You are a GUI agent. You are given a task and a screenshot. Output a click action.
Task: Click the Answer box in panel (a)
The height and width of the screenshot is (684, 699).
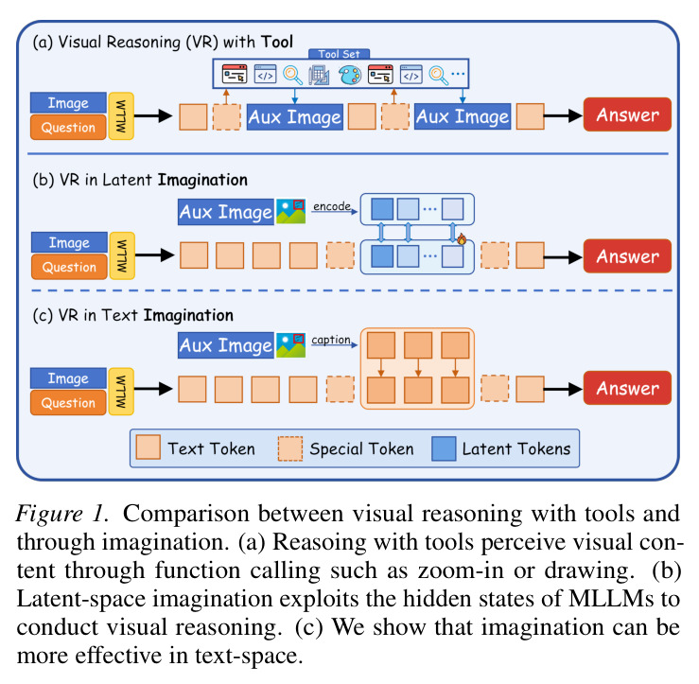click(627, 114)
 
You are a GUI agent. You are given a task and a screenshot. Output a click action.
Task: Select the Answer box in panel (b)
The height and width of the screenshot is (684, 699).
click(627, 256)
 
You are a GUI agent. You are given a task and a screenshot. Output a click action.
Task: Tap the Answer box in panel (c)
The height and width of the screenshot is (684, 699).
click(627, 388)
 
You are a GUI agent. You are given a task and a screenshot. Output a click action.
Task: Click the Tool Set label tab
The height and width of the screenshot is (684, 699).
click(339, 54)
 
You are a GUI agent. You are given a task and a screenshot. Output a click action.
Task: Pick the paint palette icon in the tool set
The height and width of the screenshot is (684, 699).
click(350, 75)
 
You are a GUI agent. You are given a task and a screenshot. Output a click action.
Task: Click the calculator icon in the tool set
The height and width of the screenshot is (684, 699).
click(319, 75)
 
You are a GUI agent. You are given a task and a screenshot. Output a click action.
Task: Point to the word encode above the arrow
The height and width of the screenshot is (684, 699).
click(332, 206)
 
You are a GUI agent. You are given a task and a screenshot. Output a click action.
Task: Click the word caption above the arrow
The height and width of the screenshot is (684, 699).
click(331, 340)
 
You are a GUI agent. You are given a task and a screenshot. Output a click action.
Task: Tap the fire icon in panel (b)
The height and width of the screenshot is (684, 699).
click(462, 239)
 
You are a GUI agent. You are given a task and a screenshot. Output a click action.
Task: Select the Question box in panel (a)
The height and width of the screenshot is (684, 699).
click(68, 128)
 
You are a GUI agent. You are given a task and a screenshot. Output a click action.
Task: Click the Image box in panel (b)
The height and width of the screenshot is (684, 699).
click(69, 242)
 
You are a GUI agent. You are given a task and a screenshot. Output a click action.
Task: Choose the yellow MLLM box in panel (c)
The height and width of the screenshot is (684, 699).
click(121, 391)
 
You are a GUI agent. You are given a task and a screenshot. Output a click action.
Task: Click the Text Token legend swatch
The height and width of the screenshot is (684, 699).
click(148, 447)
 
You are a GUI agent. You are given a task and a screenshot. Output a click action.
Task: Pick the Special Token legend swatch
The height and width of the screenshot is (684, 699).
click(290, 448)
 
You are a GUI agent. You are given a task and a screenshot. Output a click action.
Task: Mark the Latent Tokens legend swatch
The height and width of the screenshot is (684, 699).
click(444, 448)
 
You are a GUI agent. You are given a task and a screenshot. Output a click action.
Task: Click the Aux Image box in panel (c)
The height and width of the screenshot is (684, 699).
click(226, 345)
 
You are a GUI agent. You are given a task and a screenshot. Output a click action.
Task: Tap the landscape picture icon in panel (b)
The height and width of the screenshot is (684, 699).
click(290, 211)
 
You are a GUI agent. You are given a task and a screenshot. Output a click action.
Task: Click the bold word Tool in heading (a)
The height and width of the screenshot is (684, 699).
click(277, 42)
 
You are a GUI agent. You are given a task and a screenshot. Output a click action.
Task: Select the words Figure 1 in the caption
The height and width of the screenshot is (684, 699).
click(62, 514)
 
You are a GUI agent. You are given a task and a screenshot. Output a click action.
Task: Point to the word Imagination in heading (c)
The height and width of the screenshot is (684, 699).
click(188, 315)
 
